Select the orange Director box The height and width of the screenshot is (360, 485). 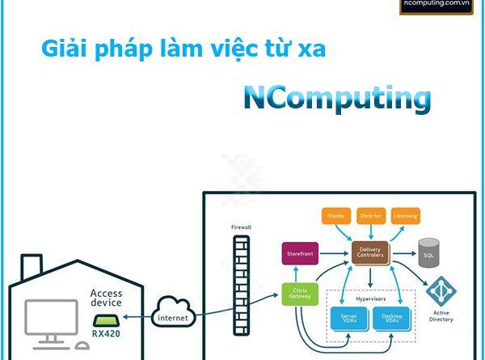click(x=370, y=217)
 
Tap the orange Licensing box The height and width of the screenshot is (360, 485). click(x=405, y=217)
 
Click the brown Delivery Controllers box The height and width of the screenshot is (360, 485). click(x=370, y=253)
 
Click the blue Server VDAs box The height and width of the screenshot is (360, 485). click(x=348, y=319)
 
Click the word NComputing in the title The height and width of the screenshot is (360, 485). click(x=337, y=99)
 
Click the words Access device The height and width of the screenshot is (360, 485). click(x=106, y=297)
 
